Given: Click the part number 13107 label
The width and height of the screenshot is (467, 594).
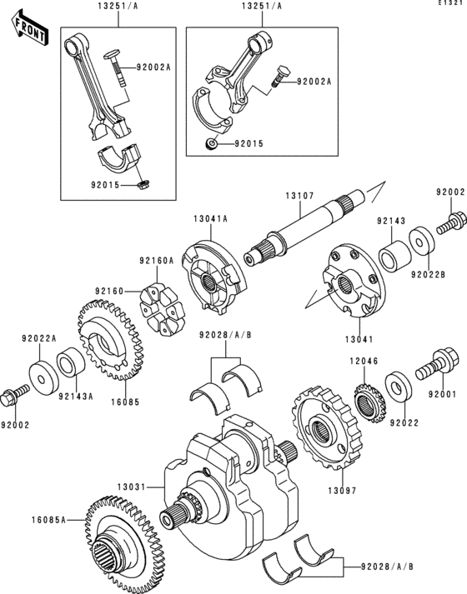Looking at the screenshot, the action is (299, 196).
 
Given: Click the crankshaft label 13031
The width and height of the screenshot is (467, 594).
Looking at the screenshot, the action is (131, 487).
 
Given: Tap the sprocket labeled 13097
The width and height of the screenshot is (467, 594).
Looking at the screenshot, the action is (327, 428).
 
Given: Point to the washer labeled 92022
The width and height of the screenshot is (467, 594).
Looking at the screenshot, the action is (399, 387).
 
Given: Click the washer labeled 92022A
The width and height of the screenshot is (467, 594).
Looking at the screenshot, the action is (44, 378).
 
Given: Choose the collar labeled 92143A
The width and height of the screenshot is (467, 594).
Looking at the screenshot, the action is (71, 362).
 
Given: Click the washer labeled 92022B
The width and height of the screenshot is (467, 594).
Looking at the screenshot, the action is (422, 240).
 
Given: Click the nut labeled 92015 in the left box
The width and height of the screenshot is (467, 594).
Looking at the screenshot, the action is (142, 185).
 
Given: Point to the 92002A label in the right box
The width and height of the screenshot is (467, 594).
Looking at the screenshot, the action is (314, 82).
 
